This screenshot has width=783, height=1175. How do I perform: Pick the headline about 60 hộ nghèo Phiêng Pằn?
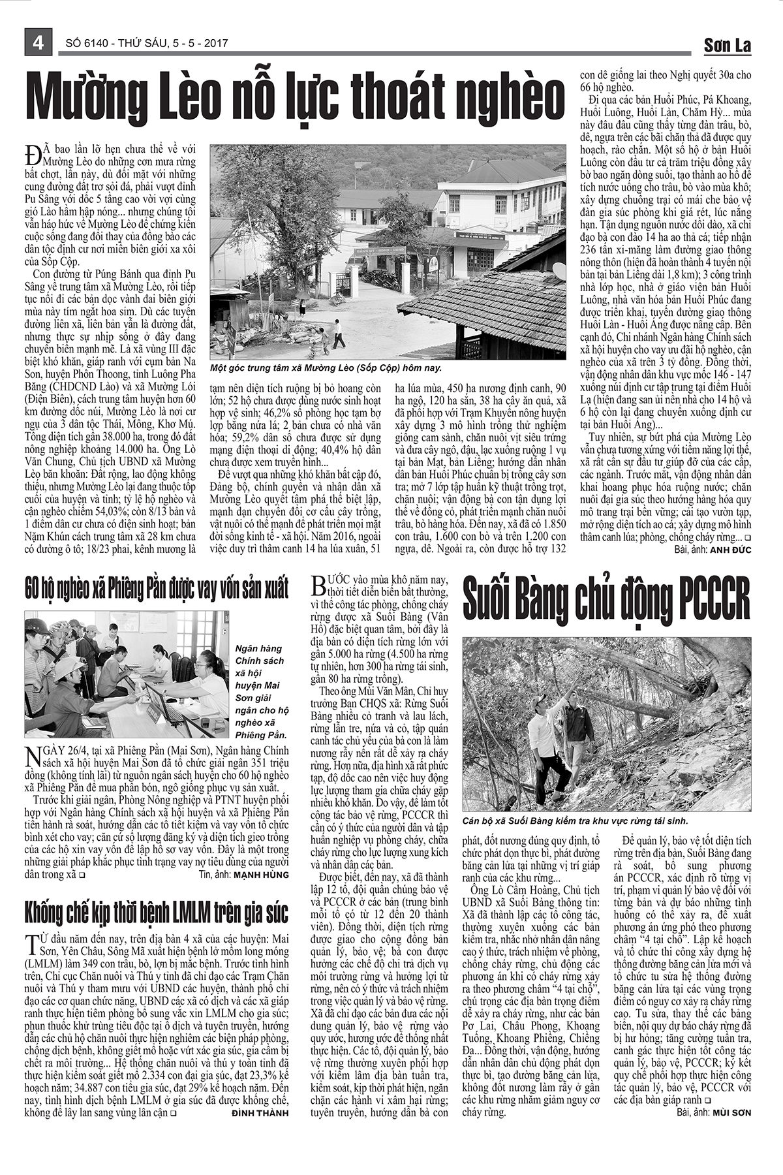coord(157,589)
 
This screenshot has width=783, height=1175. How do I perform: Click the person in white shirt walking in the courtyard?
coord(337,333)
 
